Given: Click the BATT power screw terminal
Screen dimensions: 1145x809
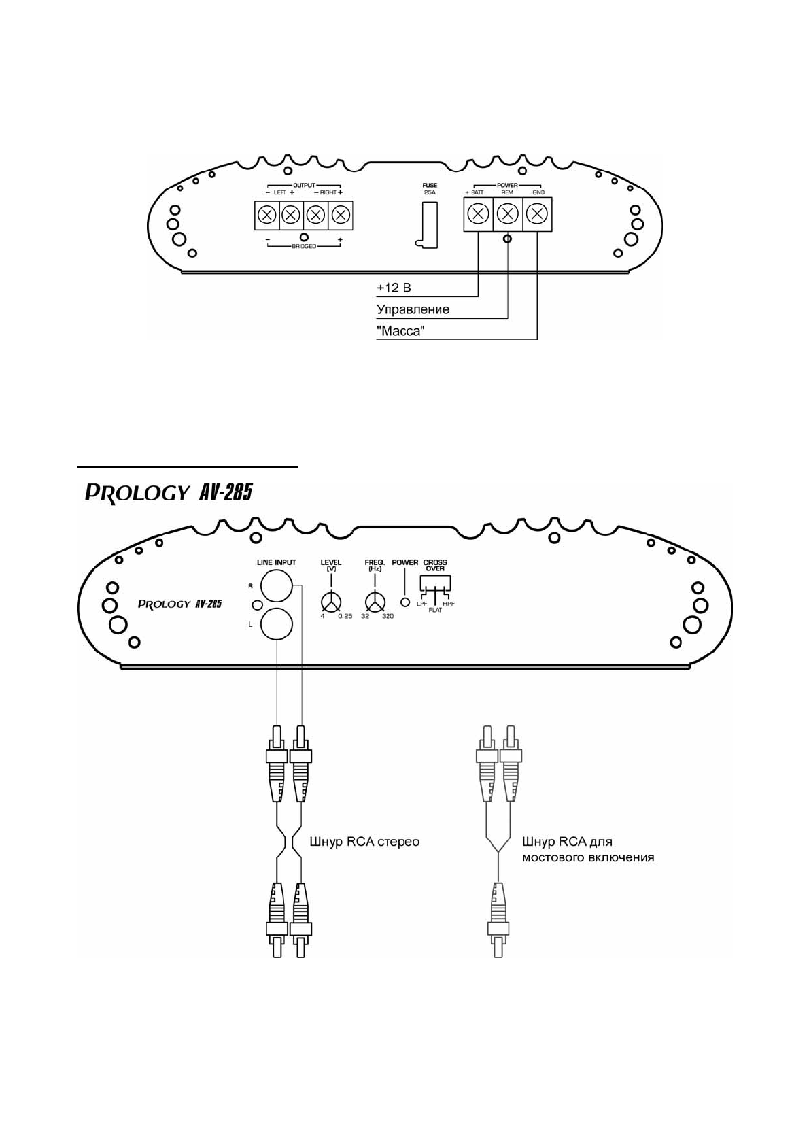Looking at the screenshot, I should [479, 214].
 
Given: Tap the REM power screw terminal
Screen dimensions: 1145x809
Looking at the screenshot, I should [508, 214].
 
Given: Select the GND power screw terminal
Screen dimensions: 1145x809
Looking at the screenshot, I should [537, 214].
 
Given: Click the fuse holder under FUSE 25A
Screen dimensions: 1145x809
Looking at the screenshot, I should [426, 225].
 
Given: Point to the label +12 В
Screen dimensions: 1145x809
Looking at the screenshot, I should [394, 288].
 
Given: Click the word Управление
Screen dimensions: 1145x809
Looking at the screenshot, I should [413, 309].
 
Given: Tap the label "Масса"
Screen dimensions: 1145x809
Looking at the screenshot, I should [400, 331].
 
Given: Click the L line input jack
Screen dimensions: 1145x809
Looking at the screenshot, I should [277, 623].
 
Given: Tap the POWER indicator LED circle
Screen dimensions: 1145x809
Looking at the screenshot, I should [407, 602].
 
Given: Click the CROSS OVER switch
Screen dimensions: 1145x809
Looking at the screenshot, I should [435, 585].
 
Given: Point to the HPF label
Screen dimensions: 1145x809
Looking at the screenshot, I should [449, 604].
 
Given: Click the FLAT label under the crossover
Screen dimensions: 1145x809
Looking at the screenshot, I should [435, 611].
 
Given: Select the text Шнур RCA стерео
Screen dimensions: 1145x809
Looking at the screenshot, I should [364, 842].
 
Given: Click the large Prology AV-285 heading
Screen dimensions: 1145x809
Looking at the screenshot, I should [169, 492].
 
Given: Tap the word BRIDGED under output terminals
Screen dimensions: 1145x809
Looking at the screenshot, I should [304, 246].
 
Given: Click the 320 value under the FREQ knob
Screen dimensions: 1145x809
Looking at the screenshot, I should [388, 616].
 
